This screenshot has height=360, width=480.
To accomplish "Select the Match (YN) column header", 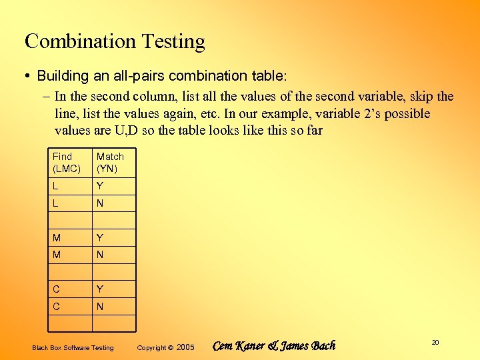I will point(110,163).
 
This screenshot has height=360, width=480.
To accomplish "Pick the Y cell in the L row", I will point(100,186).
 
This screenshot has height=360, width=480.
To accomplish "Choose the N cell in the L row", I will point(100,203).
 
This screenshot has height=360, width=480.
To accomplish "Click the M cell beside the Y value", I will point(57,238).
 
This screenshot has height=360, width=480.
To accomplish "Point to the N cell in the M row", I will point(100,255).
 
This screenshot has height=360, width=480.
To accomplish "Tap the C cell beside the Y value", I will point(57,289).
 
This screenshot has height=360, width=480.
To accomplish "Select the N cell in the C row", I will point(100,307).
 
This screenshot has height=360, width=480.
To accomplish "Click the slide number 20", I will point(435,342).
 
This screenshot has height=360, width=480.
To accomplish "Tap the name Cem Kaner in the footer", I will point(238,346).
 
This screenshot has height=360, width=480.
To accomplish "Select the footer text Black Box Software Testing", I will point(73,347).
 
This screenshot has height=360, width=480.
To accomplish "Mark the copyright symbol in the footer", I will point(171,347).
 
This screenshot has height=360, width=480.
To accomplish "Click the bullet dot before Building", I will point(29,76).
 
